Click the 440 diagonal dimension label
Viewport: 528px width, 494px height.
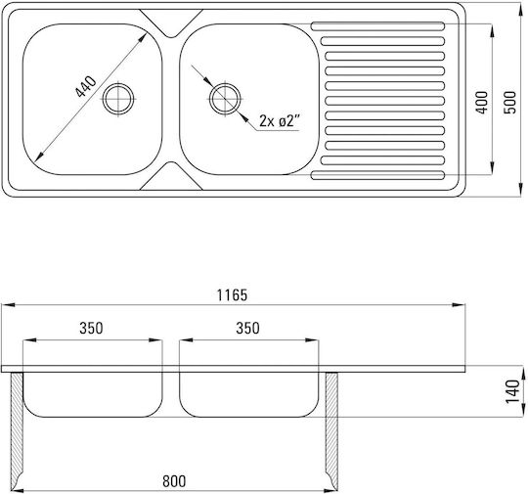point(86,87)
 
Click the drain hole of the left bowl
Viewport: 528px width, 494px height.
point(118,99)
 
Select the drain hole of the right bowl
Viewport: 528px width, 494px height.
point(225,99)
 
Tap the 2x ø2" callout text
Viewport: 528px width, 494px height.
point(279,120)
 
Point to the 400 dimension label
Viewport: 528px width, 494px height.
point(482,103)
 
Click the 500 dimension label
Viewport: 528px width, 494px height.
point(510,103)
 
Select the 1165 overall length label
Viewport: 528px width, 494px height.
point(232,295)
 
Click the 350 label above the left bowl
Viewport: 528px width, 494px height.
point(91,328)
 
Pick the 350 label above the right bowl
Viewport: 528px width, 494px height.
point(247,328)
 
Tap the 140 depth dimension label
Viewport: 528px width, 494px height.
point(513,391)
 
